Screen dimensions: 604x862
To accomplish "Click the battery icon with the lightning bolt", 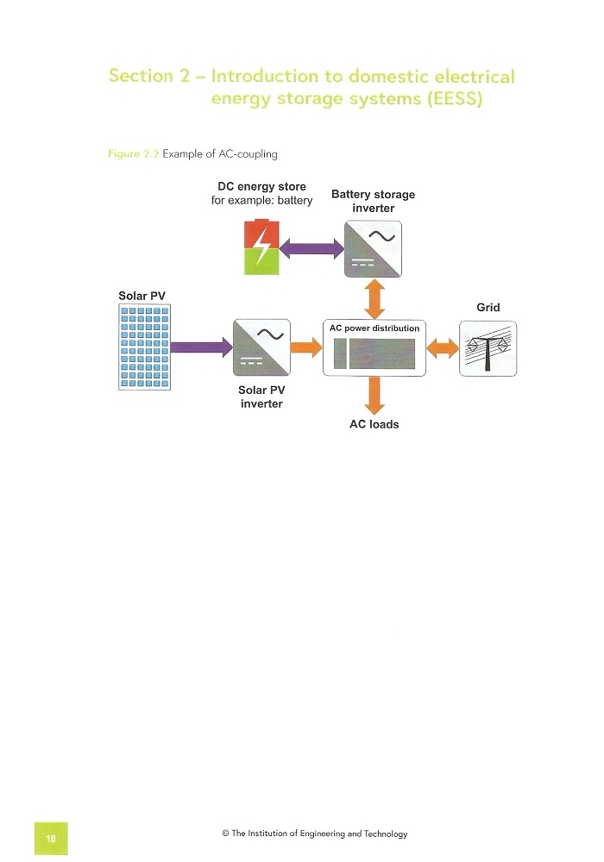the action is (261, 247).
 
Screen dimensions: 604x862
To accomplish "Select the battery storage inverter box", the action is (373, 249).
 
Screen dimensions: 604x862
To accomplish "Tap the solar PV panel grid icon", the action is (145, 347).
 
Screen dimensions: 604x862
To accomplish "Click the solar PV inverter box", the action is (261, 347).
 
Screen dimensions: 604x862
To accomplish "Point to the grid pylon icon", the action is (488, 348).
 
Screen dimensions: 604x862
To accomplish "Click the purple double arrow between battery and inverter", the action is (311, 248).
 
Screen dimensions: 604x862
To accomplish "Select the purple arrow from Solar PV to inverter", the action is (201, 347).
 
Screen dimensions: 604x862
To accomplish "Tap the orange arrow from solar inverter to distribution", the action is (306, 347).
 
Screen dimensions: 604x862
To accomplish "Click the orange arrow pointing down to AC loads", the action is (374, 396).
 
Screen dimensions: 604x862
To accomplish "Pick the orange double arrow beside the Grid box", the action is (443, 348).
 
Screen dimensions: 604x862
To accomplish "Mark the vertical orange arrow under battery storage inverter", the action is (374, 298).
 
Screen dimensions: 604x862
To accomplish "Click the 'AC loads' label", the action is (374, 424).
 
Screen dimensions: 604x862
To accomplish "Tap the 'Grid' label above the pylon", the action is (488, 308).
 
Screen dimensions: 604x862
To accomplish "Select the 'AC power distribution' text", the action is (374, 328).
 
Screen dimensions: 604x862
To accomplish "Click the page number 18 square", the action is (51, 839).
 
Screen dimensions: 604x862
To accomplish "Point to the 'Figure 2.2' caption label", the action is (133, 154).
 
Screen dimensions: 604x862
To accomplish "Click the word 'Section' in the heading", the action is (141, 75).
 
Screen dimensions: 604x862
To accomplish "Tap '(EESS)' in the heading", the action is (455, 99).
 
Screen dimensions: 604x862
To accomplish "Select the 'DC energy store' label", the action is (261, 186).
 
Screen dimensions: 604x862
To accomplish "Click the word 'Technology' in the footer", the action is (386, 834).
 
